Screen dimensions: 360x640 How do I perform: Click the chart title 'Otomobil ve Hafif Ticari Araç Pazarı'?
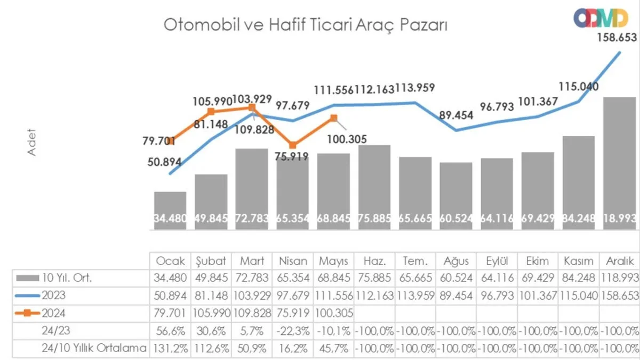(305, 26)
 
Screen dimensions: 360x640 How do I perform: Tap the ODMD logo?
(601, 18)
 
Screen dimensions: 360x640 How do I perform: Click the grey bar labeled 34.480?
(170, 211)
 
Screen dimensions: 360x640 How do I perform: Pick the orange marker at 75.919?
(293, 145)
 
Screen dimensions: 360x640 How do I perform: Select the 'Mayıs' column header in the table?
(333, 261)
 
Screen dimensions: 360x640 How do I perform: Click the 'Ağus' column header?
(456, 261)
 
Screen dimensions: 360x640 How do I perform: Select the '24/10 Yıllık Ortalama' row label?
(94, 348)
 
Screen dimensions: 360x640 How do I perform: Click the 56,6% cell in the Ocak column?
(170, 331)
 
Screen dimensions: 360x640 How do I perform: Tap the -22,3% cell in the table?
(293, 331)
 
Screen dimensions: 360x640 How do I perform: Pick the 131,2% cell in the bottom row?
(170, 348)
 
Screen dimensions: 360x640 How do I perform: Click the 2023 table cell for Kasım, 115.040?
(579, 295)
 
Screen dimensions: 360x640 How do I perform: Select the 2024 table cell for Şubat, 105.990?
(211, 313)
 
